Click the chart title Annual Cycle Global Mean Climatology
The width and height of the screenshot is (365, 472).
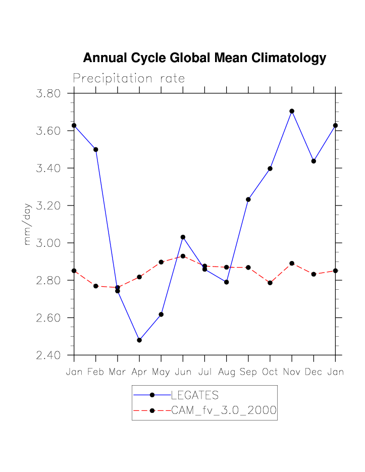point(204,58)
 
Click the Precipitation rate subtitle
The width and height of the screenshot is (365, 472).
point(129,79)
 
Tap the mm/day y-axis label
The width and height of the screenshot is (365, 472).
point(28,224)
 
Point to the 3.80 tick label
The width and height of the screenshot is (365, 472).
point(48,93)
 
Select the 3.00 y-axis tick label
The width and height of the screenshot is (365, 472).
point(48,243)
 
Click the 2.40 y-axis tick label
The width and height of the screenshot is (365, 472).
point(48,355)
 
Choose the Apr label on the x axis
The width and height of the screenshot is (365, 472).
point(139,373)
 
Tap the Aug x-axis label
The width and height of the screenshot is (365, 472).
point(226,373)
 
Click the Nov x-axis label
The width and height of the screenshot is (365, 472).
point(292,373)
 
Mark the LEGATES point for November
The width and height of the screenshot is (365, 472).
point(292,111)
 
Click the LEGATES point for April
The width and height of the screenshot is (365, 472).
point(139,340)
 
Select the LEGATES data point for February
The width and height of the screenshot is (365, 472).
point(96,149)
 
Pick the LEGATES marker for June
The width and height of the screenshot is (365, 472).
point(183,237)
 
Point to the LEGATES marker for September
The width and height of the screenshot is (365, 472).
point(248,199)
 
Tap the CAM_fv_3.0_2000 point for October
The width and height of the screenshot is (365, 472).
point(270,283)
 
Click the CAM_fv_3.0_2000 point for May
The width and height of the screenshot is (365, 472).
point(161,262)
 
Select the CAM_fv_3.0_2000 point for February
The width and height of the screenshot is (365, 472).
point(96,286)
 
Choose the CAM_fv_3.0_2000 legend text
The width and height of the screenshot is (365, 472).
point(224,411)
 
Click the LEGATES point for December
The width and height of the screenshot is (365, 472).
point(314,161)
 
